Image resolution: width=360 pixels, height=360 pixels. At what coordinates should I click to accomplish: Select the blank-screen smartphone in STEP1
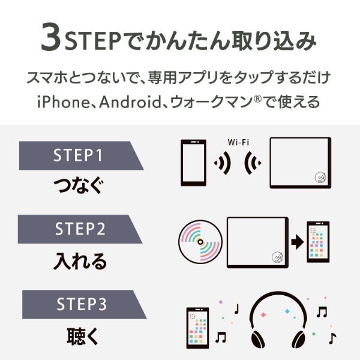coord(193,163)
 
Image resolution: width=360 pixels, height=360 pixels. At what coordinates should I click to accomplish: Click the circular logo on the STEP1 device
coord(320,176)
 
